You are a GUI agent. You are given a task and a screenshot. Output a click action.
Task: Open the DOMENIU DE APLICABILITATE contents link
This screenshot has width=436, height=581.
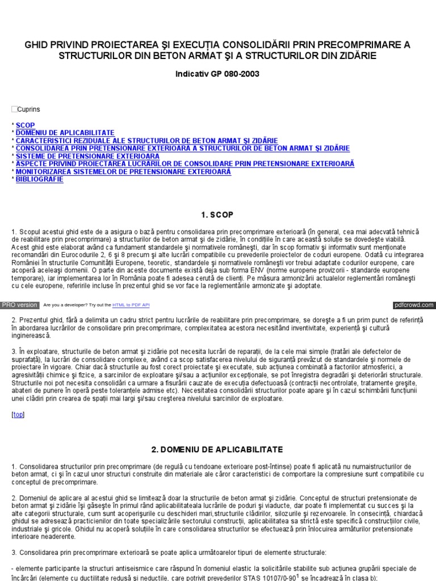tap(65, 132)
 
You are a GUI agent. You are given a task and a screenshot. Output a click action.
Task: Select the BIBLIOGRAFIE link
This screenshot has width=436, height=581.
tap(40, 179)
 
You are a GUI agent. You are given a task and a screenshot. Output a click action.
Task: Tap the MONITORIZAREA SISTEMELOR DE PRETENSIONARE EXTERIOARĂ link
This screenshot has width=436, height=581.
tap(123, 171)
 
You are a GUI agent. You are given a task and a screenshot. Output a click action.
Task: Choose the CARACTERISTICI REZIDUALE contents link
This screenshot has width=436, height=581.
tap(146, 140)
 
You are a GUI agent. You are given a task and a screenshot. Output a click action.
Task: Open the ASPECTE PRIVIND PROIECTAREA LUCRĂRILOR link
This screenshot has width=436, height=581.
tap(185, 163)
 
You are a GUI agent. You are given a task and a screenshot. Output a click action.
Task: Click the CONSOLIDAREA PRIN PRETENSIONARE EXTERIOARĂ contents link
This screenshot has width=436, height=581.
tap(182, 148)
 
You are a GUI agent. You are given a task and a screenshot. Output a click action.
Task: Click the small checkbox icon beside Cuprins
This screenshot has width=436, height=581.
tap(14, 109)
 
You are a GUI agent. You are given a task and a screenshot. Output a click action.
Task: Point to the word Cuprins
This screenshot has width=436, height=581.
tap(29, 109)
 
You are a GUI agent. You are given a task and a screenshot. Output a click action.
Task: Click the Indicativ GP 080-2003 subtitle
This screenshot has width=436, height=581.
tap(217, 74)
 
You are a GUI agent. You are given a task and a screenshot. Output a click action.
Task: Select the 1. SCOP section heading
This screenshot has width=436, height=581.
tap(217, 214)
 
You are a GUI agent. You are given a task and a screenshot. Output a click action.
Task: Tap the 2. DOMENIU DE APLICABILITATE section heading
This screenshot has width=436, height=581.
tap(217, 449)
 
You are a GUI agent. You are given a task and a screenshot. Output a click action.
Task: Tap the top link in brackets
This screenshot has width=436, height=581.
tap(18, 415)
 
